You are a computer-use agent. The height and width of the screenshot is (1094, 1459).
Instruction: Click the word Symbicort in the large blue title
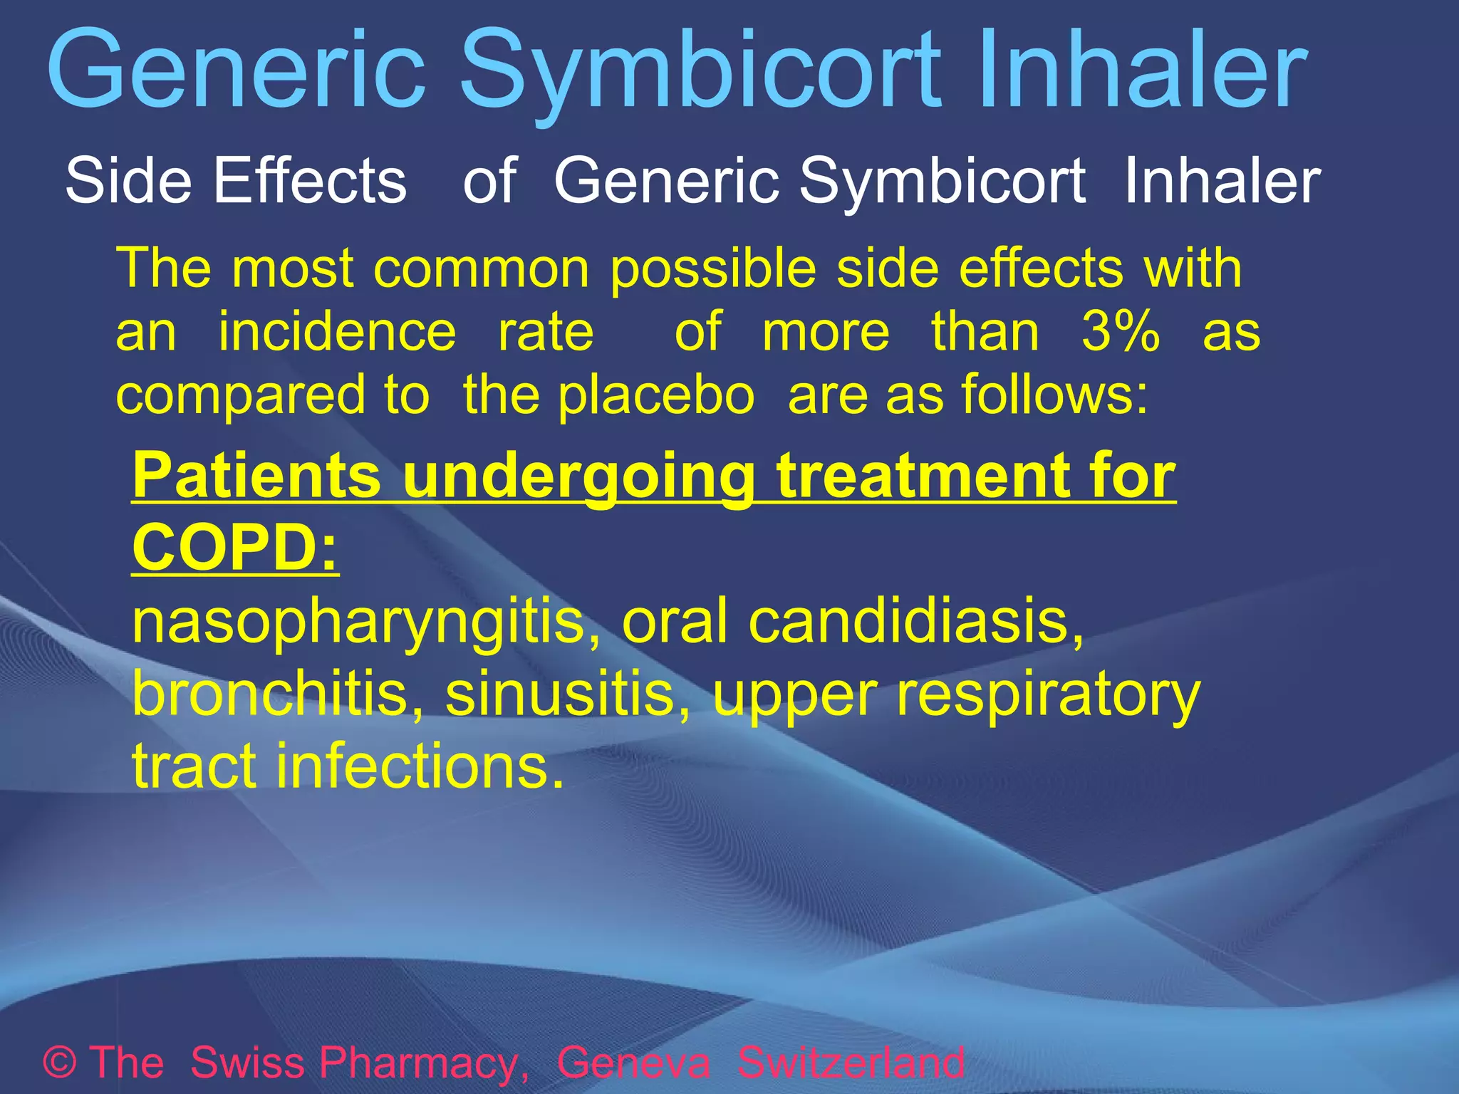click(x=701, y=71)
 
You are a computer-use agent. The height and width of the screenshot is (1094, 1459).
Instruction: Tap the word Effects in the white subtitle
click(x=311, y=181)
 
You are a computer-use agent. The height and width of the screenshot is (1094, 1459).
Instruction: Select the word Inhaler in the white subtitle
click(x=1222, y=181)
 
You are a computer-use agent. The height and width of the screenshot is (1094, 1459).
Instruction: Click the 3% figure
click(x=1121, y=332)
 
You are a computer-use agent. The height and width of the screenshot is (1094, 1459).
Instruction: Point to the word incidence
click(x=337, y=332)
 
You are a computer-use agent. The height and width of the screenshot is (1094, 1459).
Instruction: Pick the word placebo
click(x=656, y=396)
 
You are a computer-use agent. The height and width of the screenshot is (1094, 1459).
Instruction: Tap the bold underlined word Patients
click(x=256, y=476)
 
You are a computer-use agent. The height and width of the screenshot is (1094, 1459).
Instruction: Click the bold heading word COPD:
click(x=236, y=548)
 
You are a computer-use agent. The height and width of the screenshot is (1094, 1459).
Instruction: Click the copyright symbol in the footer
click(x=60, y=1063)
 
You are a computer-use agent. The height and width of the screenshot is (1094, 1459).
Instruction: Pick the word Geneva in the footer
click(x=633, y=1063)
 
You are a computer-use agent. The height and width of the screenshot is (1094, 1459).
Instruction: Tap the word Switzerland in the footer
click(x=851, y=1063)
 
